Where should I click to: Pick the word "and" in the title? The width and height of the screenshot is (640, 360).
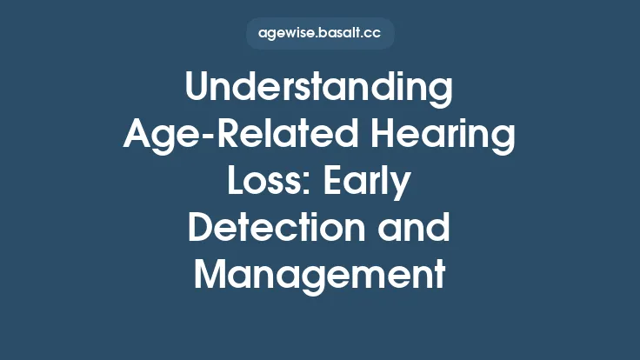413,229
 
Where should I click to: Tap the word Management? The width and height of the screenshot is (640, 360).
319,275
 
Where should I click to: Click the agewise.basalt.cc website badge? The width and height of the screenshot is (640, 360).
319,34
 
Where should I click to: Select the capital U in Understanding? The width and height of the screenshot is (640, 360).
197,90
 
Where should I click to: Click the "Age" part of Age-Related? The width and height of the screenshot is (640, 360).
156,137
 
